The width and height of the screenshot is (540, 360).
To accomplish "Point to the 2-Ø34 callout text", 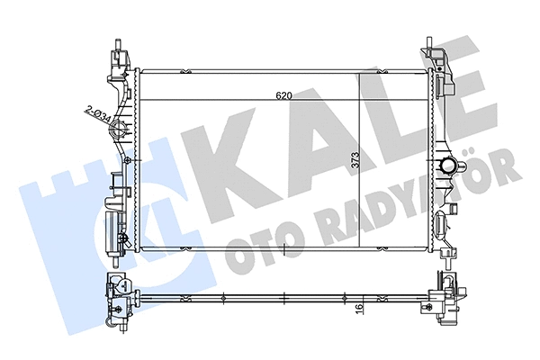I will coord(98,113).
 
